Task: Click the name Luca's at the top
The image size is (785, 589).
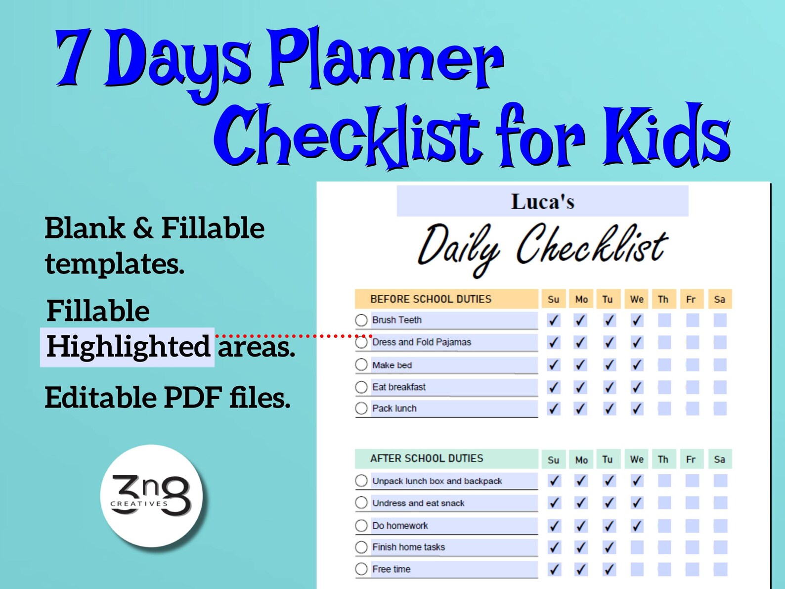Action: pos(542,202)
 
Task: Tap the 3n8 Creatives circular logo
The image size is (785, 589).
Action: pos(151,496)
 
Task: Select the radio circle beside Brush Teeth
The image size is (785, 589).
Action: pos(361,320)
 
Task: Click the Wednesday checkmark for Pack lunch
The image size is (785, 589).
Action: pos(637,408)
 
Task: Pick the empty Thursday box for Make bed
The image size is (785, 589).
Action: pos(664,365)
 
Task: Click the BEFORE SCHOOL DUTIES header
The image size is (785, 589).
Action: pos(431,299)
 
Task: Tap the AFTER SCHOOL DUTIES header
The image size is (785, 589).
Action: pos(427,458)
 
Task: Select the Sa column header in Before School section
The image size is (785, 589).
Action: pos(719,299)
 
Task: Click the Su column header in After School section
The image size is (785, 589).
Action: pos(554,459)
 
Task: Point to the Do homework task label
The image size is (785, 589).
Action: pos(400,526)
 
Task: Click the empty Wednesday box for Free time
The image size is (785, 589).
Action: pos(637,569)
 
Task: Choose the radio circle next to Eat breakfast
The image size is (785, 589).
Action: pos(361,387)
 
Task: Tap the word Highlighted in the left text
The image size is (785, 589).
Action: pos(128,346)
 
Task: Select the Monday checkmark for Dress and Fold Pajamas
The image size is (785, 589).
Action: pos(581,342)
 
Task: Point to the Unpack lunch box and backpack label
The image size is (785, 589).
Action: pos(437,481)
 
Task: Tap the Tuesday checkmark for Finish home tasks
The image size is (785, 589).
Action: pos(609,547)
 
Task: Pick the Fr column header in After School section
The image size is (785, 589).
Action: pos(691,459)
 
